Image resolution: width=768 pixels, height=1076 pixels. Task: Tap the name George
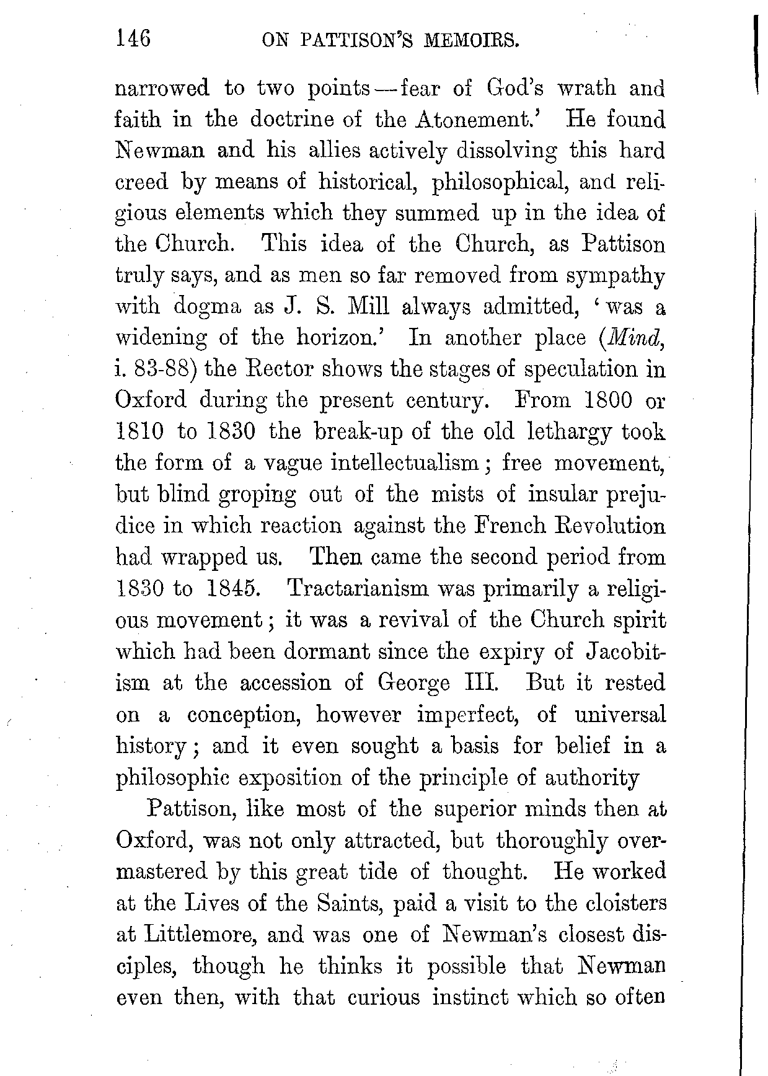pyautogui.click(x=413, y=682)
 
